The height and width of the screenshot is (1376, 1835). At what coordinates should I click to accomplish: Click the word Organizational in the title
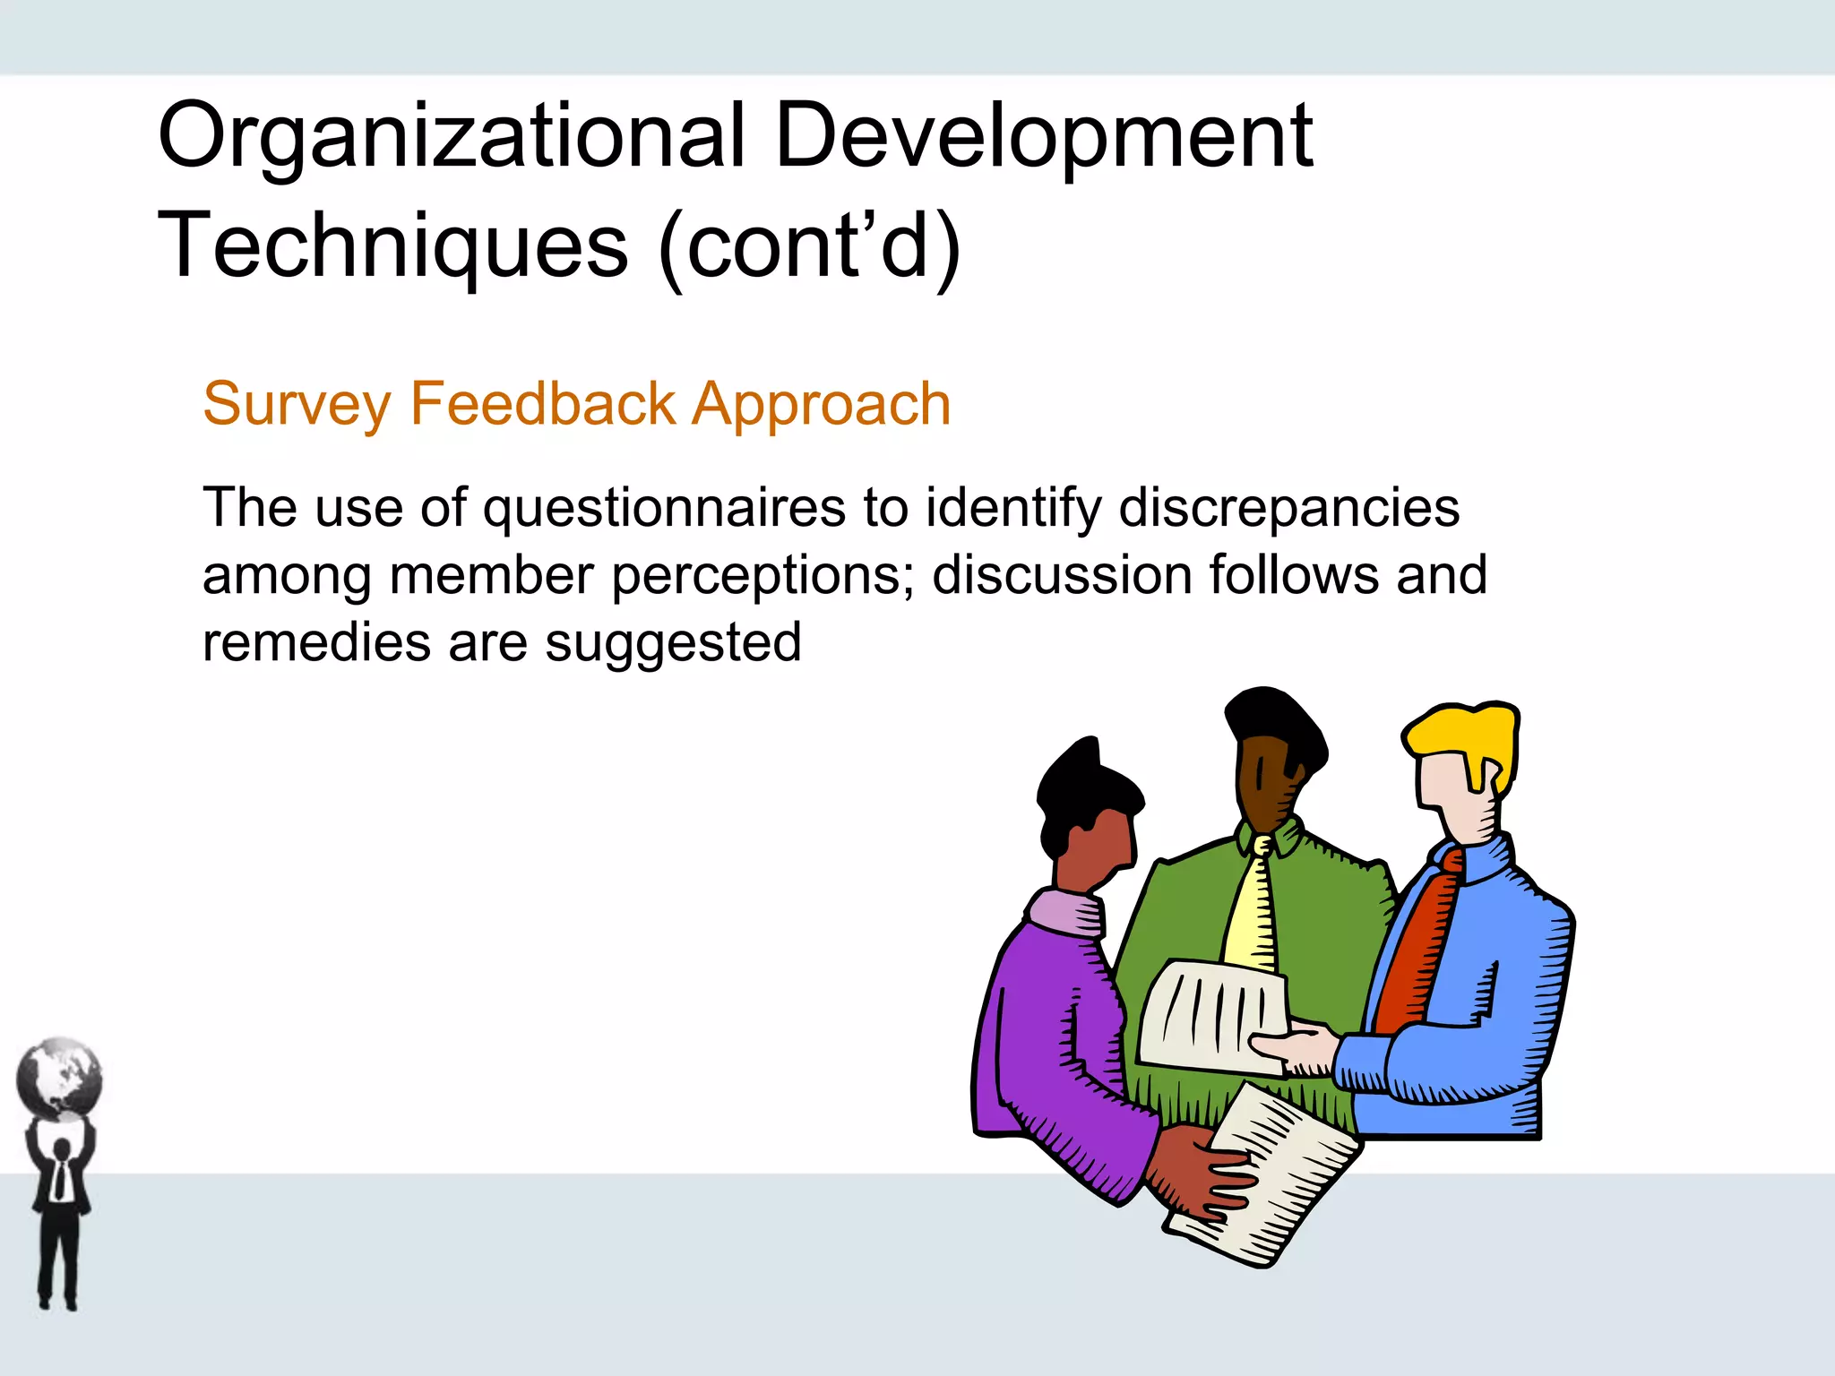click(451, 136)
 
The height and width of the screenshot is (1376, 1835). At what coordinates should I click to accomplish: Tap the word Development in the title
click(1044, 136)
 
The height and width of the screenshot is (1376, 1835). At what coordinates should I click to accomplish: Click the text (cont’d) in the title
click(810, 245)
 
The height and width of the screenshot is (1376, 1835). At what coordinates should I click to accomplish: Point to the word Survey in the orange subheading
click(297, 405)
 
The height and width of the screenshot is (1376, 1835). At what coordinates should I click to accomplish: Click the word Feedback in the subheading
click(542, 403)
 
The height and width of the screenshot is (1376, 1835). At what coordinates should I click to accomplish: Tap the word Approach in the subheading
click(821, 405)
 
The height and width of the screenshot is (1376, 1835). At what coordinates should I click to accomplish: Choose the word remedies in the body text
click(316, 642)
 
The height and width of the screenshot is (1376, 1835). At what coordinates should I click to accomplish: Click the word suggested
click(673, 644)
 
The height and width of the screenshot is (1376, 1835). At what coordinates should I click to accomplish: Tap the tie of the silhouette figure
click(59, 1178)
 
